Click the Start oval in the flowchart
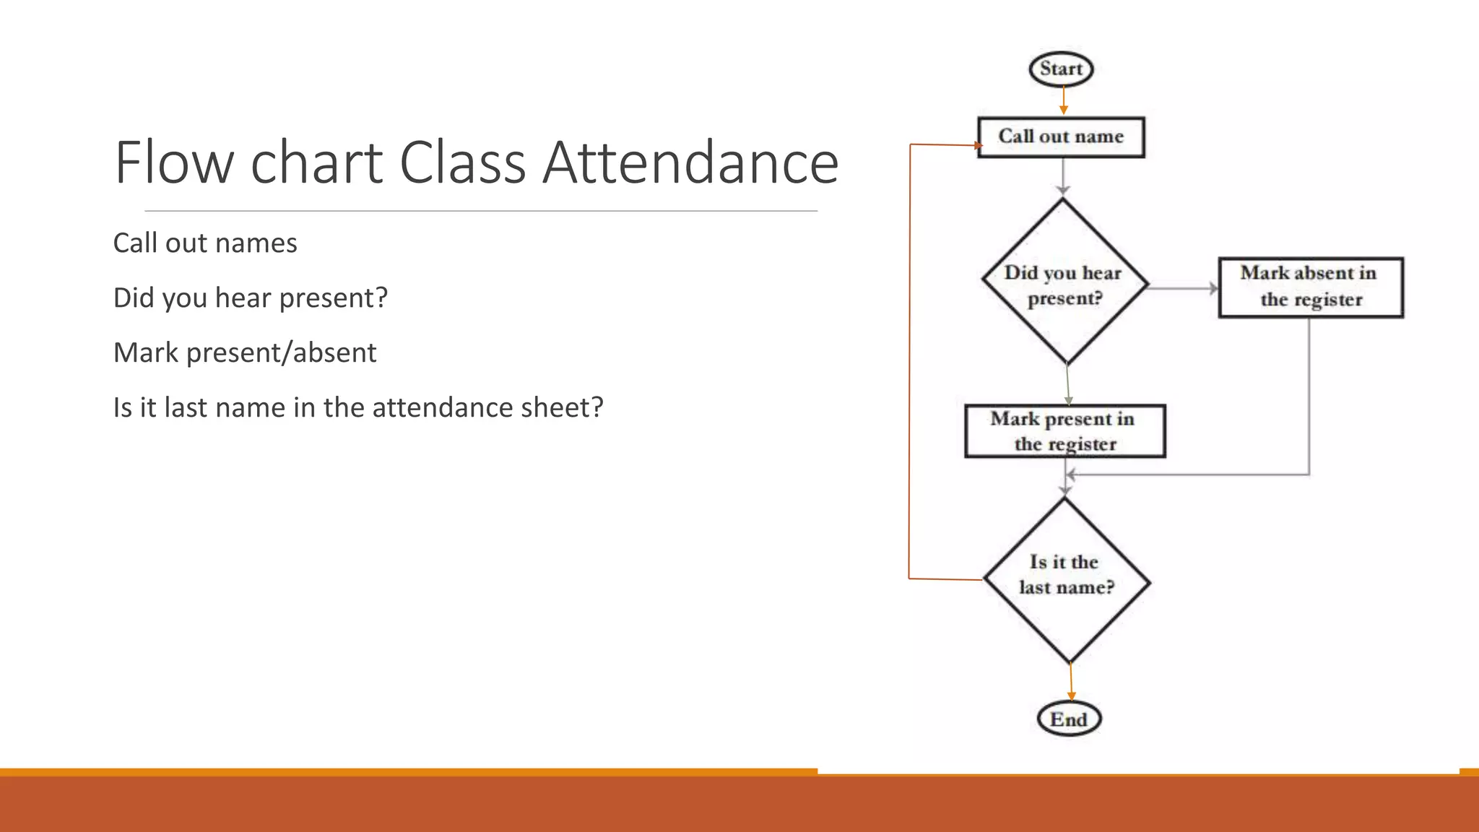1061,69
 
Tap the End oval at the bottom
1069,719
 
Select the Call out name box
1061,136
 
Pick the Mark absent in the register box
1310,287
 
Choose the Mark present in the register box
1064,431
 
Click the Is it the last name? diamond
1067,577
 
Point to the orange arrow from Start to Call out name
1063,100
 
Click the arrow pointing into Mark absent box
1184,288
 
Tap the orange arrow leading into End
1071,682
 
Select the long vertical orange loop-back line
910,361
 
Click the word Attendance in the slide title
690,162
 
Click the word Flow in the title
174,162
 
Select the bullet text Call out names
205,243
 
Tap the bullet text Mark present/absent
245,353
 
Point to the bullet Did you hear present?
250,298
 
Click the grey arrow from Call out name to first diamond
1062,175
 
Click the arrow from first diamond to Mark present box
1067,384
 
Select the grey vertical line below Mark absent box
1309,397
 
